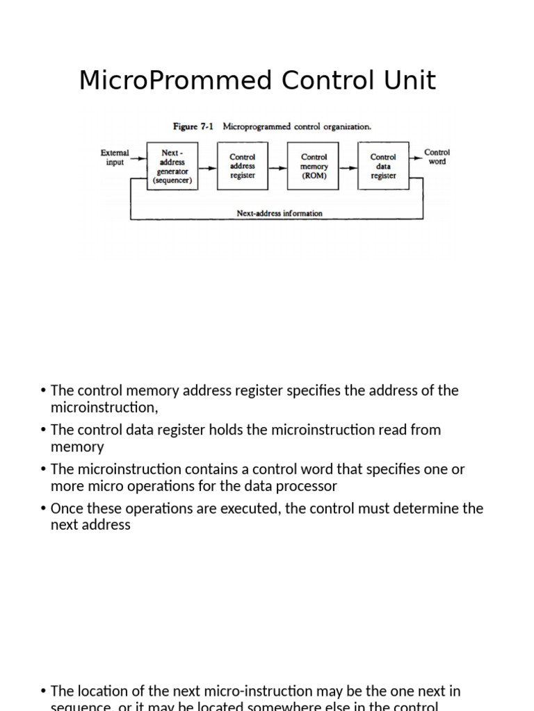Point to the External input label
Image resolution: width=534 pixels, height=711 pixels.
click(x=115, y=158)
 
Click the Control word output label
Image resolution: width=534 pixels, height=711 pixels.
click(x=437, y=157)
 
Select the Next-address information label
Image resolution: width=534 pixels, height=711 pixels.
click(x=279, y=214)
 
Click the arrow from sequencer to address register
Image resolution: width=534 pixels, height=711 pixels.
click(x=207, y=167)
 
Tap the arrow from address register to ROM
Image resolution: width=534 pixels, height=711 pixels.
click(x=278, y=167)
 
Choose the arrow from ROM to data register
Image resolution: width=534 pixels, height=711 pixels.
click(x=348, y=167)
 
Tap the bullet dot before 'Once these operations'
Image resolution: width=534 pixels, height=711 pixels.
click(x=44, y=508)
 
